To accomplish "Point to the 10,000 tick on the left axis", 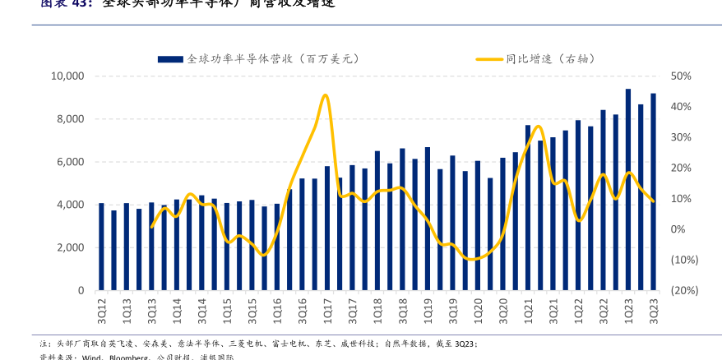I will click(x=67, y=76).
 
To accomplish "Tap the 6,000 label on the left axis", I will click(x=71, y=162).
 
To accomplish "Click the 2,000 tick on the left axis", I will click(x=71, y=247).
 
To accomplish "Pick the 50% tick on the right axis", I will click(x=681, y=76).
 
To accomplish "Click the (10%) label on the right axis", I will click(x=684, y=260).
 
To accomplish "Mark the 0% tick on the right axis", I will click(x=678, y=229).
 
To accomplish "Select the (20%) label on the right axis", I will click(x=684, y=290).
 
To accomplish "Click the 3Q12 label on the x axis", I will click(x=102, y=311).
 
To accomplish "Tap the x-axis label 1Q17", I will click(x=327, y=311).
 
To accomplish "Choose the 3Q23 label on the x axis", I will click(x=654, y=311).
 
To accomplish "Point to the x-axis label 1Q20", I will click(x=478, y=311).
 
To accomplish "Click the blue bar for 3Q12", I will click(x=101, y=247).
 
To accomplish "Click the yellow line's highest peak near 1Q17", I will click(x=326, y=95).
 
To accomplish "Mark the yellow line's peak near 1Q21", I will click(x=538, y=127).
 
